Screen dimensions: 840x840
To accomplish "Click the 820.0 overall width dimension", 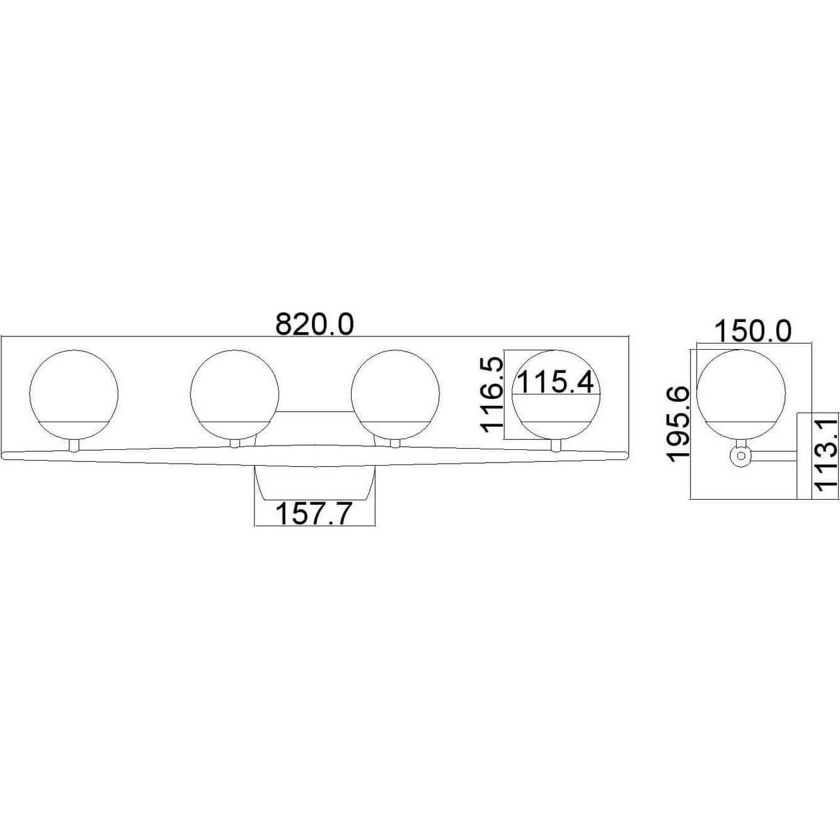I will (315, 325).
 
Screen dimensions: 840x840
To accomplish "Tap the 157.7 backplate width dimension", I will (313, 514).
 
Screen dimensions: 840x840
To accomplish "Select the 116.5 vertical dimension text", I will (492, 394).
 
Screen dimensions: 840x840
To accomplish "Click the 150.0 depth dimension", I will (752, 331).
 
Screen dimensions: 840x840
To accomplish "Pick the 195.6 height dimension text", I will (679, 424).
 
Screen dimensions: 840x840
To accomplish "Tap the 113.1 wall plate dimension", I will (826, 453).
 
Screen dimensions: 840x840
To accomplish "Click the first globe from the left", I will (74, 394).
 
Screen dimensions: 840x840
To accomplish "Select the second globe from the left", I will (234, 394).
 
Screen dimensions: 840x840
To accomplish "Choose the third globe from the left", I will (395, 394).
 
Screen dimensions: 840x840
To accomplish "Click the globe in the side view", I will (742, 394).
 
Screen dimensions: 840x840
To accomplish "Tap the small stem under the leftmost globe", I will (74, 446).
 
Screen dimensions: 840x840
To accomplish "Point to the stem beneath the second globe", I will (235, 444).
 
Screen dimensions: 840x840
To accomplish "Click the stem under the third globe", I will (395, 444).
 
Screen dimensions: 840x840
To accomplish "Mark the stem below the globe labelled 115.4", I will (556, 446).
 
